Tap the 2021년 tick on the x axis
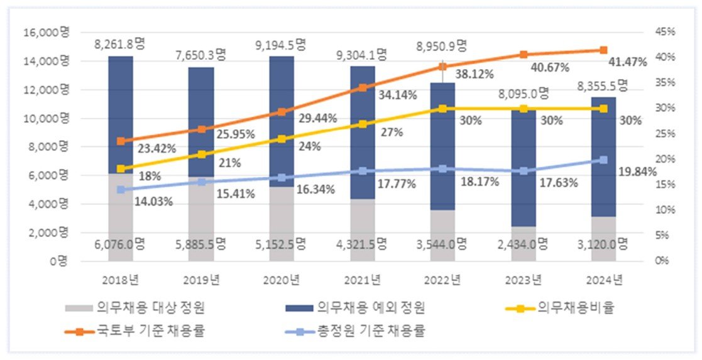[x=362, y=279]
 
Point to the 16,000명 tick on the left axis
[x=45, y=33]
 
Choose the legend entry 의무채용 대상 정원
[x=136, y=308]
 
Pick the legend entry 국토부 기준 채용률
[x=138, y=330]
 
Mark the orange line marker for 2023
[x=524, y=55]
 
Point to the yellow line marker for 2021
[x=363, y=124]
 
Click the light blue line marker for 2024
[x=603, y=160]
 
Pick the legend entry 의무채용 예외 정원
[x=357, y=308]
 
